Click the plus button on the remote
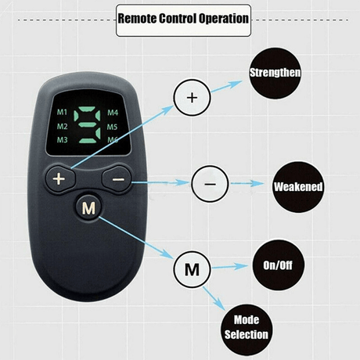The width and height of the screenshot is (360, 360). (60, 179)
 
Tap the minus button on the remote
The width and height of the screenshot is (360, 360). (117, 179)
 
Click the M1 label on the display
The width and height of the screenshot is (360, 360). (62, 112)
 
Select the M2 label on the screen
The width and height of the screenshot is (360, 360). (62, 127)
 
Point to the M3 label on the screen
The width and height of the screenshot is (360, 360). (62, 140)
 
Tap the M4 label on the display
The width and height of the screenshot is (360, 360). (113, 113)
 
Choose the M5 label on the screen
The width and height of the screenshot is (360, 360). (112, 127)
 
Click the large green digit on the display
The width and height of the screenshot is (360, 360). (87, 125)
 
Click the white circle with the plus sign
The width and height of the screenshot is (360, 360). (192, 98)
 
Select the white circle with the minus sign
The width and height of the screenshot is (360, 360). (210, 184)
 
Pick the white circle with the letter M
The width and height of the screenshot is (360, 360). (192, 269)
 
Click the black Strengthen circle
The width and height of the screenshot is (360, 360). (275, 73)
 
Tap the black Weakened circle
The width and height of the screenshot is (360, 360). (298, 187)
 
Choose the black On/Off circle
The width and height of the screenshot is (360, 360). (278, 265)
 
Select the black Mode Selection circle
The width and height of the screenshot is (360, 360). (247, 329)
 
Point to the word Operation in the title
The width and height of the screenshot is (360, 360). (224, 19)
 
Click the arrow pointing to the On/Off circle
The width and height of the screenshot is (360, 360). (230, 267)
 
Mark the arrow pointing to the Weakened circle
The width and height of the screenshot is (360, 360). (247, 183)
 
